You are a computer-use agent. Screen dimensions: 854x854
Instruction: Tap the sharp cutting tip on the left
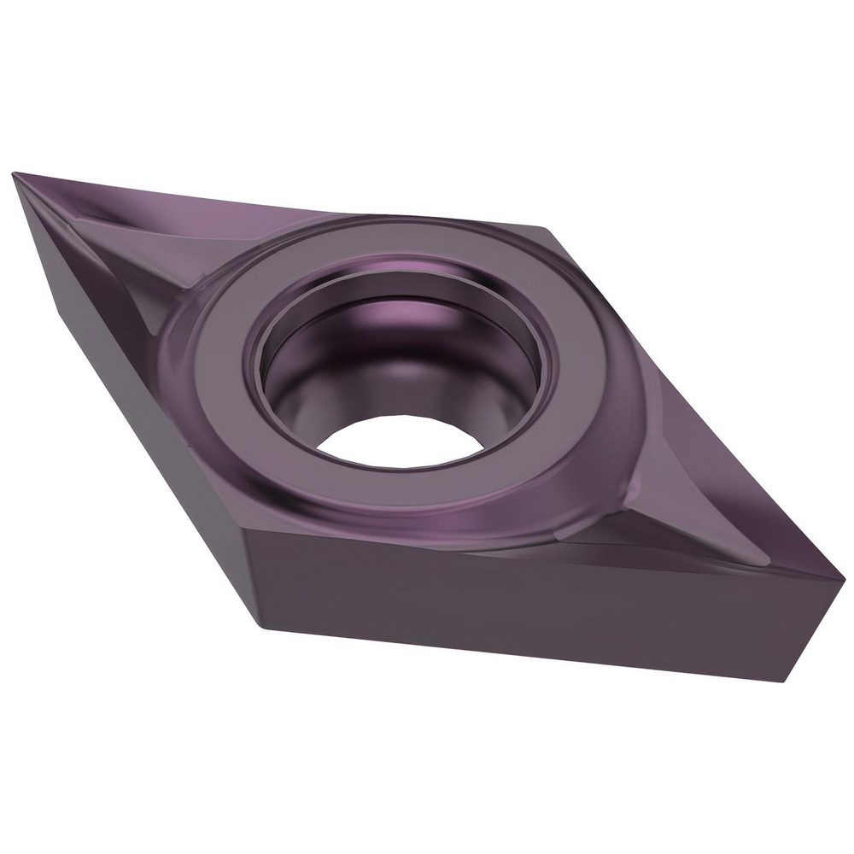tap(15, 175)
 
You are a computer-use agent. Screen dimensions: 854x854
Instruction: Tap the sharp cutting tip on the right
tap(842, 580)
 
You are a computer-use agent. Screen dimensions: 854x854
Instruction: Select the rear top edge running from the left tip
tap(273, 202)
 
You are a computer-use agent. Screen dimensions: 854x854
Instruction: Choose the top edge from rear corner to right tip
tap(692, 401)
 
